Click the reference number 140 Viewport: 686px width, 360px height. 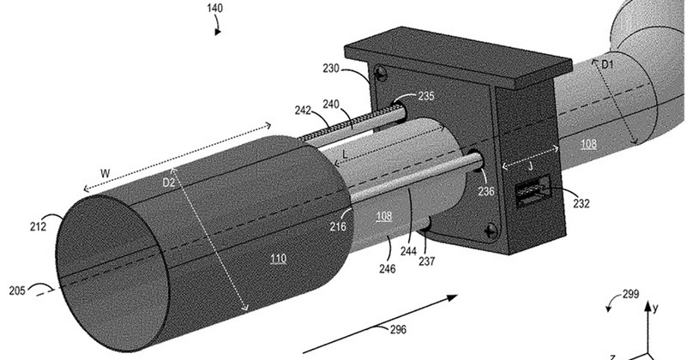pos(215,9)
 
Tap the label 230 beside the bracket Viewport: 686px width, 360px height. pos(331,69)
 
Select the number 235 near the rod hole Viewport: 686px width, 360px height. pos(425,96)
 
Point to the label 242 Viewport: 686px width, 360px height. pos(303,111)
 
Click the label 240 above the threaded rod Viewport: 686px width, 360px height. pos(331,104)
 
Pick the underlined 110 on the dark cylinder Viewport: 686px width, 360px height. pos(278,259)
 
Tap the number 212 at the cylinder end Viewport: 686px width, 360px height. pos(38,226)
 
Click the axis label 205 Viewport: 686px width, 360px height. pos(17,291)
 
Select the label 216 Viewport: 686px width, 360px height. pos(338,226)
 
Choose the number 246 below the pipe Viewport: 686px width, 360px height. pos(388,268)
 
